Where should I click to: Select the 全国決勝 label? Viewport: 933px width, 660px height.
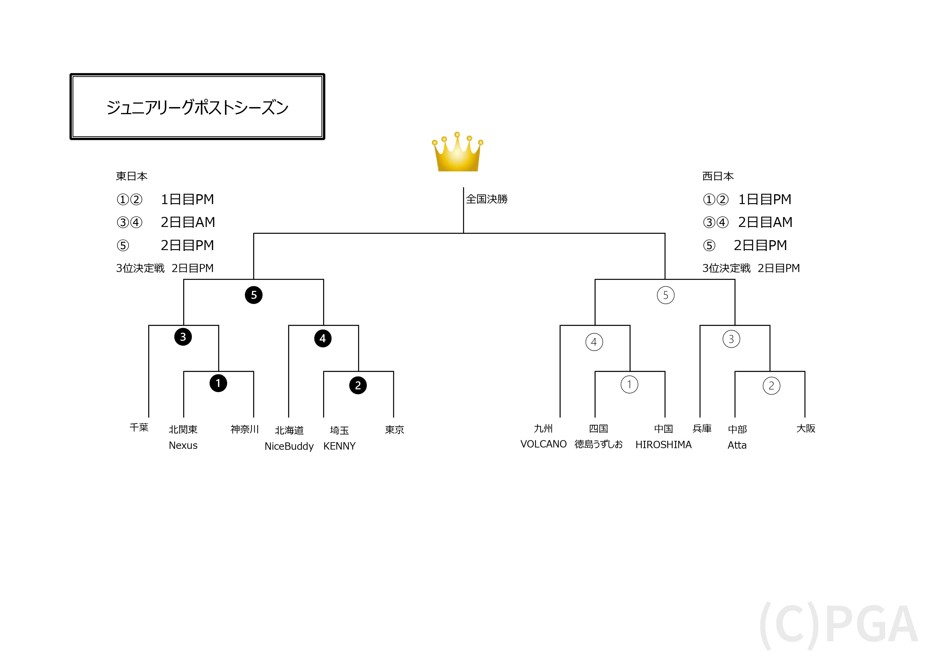pos(487,199)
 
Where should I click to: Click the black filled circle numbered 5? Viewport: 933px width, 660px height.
pos(254,295)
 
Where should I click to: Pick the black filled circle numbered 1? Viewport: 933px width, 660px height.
pos(218,383)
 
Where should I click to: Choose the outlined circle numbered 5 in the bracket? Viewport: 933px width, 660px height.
pos(666,295)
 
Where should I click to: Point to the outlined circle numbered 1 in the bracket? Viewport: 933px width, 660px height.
pos(630,385)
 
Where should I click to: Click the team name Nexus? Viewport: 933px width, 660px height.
pos(183,445)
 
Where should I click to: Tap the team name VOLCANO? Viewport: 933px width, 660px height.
pos(544,444)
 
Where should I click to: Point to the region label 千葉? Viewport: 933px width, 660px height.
pos(139,428)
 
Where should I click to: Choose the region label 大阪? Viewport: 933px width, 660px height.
pos(806,428)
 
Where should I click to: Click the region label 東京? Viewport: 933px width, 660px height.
pos(394,430)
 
